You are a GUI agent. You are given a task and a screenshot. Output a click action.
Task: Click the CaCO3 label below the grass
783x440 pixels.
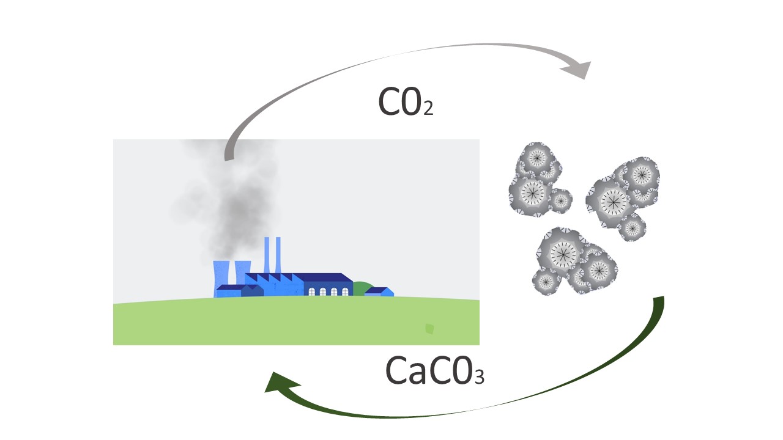434,370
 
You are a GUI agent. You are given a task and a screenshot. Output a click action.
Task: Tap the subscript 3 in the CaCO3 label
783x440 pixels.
478,376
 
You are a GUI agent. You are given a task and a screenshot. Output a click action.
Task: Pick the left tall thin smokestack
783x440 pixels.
267,254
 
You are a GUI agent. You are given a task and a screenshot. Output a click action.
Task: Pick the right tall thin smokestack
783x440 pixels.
278,254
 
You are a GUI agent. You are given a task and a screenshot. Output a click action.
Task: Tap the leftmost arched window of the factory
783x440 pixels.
312,291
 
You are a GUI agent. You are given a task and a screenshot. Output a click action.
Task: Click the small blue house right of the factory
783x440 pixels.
379,291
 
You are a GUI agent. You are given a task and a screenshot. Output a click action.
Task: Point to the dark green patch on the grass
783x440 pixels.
429,329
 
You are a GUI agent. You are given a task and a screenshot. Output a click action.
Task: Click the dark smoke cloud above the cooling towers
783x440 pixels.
236,208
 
